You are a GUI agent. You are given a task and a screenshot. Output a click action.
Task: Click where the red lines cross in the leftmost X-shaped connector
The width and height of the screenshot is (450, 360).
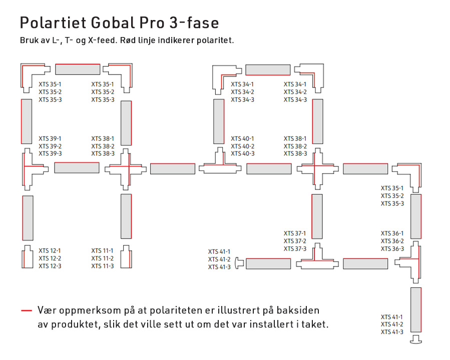(x=129, y=166)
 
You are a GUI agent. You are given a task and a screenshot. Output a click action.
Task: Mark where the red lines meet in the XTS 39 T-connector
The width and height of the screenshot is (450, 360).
(x=24, y=166)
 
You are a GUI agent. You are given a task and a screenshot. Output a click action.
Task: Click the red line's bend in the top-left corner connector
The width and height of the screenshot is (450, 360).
(x=23, y=66)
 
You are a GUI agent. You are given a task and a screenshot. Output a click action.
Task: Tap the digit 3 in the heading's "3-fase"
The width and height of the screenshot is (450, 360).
(x=174, y=22)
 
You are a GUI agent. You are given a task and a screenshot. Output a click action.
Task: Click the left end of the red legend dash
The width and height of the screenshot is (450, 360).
(x=21, y=310)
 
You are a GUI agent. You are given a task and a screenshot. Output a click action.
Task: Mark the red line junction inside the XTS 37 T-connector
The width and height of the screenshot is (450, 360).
(x=314, y=261)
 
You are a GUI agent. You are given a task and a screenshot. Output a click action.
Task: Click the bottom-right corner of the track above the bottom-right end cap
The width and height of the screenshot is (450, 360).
(x=421, y=332)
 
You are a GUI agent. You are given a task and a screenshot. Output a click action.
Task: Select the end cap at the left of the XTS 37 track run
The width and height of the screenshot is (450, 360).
(x=239, y=263)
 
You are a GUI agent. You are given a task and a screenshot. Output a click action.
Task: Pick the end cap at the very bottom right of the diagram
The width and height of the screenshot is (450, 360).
(x=416, y=339)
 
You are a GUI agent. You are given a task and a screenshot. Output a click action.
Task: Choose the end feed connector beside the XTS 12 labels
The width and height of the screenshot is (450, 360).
(x=27, y=256)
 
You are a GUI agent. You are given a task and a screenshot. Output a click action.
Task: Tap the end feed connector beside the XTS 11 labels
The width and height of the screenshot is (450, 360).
(x=126, y=256)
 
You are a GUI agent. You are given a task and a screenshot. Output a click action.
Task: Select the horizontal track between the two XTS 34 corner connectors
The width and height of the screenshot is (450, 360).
(x=268, y=70)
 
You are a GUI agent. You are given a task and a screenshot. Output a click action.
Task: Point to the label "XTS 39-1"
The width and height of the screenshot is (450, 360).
(x=50, y=138)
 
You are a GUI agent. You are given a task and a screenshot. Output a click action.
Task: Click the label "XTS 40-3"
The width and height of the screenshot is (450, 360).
(x=242, y=153)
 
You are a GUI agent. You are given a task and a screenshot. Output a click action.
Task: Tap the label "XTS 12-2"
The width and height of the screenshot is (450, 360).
(x=50, y=258)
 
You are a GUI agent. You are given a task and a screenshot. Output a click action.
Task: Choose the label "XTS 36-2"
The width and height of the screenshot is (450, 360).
(x=392, y=241)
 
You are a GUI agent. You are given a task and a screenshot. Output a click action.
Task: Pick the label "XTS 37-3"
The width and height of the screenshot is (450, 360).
(x=295, y=249)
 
